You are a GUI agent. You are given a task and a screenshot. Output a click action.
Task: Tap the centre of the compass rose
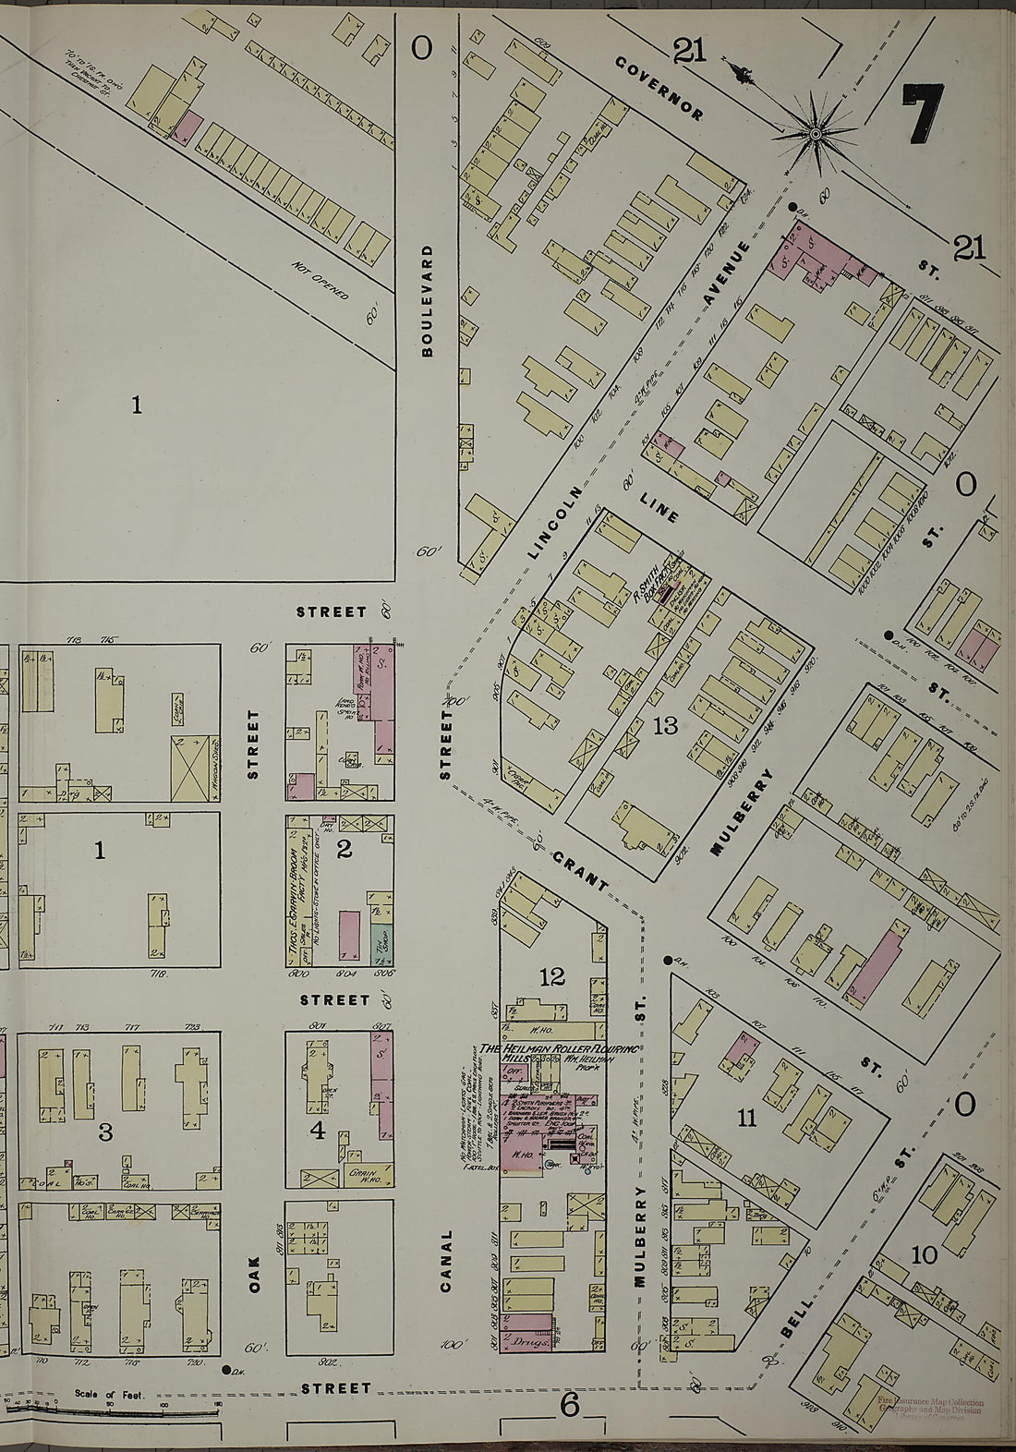pos(816,135)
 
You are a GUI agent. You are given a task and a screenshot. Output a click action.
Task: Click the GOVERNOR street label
pos(659,89)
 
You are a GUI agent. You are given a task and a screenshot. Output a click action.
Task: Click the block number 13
pos(665,726)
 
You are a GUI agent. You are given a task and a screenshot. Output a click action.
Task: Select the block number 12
pos(552,977)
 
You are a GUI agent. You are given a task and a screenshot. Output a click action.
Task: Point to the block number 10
pos(925,1254)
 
